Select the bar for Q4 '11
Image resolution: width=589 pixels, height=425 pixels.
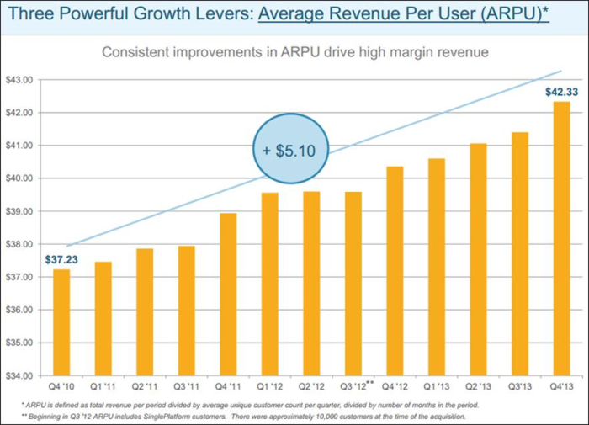pos(227,295)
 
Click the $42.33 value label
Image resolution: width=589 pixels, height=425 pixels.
pos(560,92)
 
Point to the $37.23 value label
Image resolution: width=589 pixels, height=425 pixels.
pos(61,259)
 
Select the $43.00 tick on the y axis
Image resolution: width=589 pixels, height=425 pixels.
pos(18,80)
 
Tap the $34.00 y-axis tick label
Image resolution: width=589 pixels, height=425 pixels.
pos(18,375)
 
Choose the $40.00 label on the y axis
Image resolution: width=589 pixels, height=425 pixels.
pos(18,178)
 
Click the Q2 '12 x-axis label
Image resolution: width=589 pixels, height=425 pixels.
pos(310,388)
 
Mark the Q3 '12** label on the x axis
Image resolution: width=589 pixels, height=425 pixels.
pos(355,388)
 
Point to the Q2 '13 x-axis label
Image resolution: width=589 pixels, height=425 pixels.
pos(478,388)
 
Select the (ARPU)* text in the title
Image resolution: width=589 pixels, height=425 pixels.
pos(518,16)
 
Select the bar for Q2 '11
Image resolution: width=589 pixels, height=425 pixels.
pos(144,312)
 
